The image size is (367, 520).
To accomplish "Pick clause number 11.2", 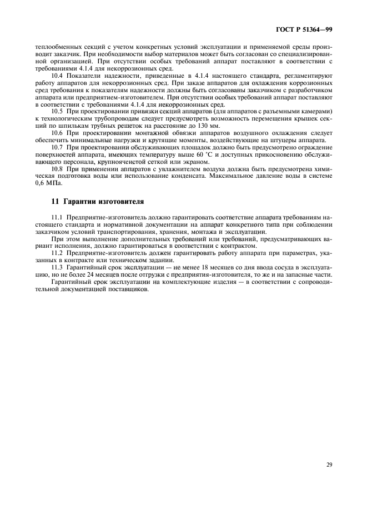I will coord(57,253).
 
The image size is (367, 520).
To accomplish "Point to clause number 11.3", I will coord(57,267).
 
